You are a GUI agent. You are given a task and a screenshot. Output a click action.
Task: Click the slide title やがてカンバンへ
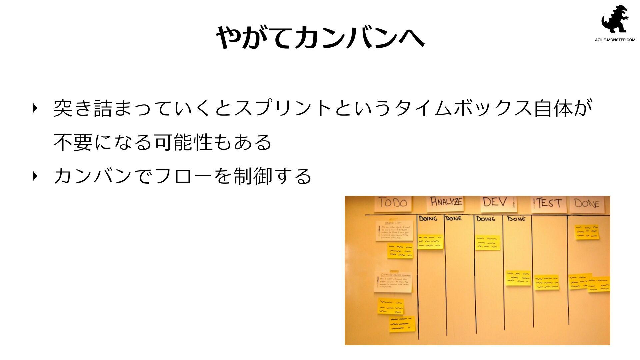tap(320, 37)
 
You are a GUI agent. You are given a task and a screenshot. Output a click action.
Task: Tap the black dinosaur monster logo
tap(615, 19)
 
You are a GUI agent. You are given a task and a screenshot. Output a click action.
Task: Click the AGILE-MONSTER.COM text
tap(615, 40)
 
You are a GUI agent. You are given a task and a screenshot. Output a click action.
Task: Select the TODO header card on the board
tap(393, 203)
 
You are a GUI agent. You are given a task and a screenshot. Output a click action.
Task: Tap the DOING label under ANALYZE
tap(428, 219)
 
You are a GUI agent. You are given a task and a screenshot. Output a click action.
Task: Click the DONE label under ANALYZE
tap(454, 219)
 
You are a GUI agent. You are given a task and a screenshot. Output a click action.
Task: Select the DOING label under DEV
tap(486, 219)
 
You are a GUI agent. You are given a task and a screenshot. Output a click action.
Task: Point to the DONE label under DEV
tap(516, 219)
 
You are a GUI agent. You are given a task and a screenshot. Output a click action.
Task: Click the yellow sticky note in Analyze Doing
tap(430, 242)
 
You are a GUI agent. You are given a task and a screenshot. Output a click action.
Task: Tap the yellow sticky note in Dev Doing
tap(488, 243)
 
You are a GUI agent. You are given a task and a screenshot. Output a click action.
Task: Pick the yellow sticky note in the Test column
tap(547, 282)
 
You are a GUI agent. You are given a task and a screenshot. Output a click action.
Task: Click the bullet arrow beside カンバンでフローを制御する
tap(35, 176)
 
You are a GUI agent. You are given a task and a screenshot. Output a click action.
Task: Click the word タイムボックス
tap(463, 108)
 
